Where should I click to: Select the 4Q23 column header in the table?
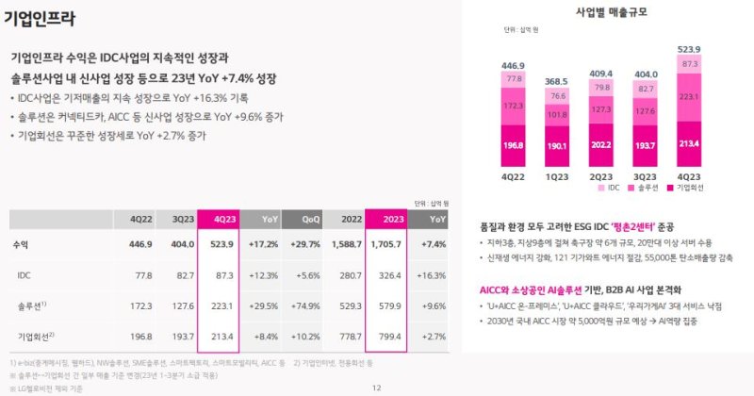point(224,219)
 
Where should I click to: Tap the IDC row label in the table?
point(25,274)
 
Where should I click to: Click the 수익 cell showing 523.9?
point(224,244)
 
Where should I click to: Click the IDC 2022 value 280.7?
point(348,274)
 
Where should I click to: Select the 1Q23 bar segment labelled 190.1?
point(557,146)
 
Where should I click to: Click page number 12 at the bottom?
point(376,388)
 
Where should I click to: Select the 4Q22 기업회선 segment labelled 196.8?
point(514,145)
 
